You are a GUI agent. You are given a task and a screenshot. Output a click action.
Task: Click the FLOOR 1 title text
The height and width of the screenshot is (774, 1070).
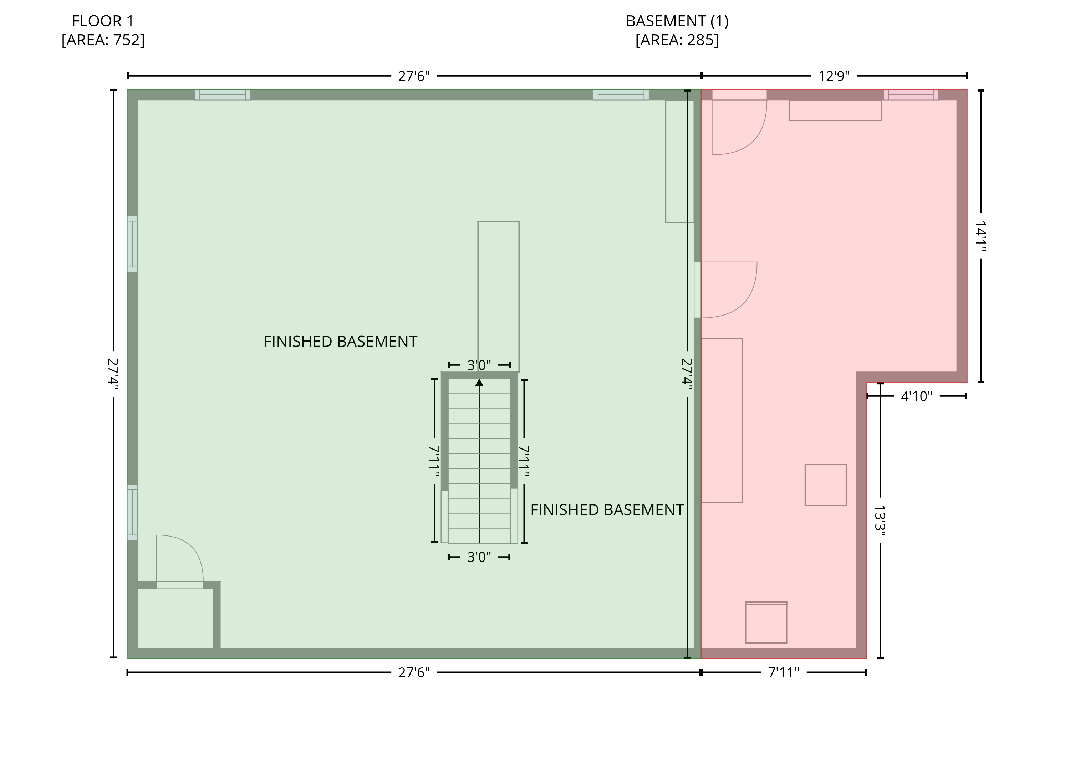tap(103, 21)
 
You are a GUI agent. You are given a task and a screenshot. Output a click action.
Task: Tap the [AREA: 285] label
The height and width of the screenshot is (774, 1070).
tap(677, 40)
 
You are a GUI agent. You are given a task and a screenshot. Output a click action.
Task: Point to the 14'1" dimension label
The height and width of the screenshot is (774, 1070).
tap(981, 236)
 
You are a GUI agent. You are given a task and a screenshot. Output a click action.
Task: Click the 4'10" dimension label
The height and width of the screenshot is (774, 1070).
tap(917, 396)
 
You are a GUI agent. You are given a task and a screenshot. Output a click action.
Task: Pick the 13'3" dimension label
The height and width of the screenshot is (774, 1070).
tap(880, 518)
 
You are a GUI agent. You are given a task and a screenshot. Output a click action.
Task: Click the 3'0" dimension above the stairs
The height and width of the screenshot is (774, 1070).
tap(479, 365)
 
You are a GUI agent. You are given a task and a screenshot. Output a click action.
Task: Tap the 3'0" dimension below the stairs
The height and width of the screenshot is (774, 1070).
tap(479, 557)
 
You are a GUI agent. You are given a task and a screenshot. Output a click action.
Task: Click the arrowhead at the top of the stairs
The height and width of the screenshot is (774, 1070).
tap(479, 383)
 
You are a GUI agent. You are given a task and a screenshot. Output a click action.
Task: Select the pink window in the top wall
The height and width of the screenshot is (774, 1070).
tap(911, 95)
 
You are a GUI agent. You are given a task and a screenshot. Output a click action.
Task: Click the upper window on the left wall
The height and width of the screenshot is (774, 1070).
tap(133, 244)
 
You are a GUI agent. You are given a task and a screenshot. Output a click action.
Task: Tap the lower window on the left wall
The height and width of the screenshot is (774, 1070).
tap(133, 512)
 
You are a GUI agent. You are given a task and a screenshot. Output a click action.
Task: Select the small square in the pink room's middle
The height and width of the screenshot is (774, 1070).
tap(826, 485)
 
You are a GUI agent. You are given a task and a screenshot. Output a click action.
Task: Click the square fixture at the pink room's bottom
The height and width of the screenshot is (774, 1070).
tap(766, 622)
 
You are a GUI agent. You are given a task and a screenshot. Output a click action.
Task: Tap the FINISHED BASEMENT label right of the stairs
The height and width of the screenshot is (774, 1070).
tap(607, 510)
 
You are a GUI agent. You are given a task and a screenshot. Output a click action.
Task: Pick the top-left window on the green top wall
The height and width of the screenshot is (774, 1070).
tap(223, 95)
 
